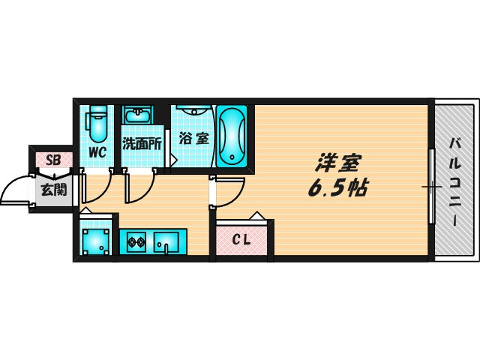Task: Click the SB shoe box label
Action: pos(52,160)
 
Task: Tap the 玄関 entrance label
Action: pos(52,189)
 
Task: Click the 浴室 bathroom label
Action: pos(193,139)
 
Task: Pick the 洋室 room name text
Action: pos(339,161)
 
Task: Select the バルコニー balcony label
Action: pos(455,180)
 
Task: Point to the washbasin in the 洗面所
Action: pos(138,116)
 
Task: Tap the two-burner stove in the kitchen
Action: pos(136,242)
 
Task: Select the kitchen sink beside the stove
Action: pos(166,241)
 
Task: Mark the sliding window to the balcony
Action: pos(431,185)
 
